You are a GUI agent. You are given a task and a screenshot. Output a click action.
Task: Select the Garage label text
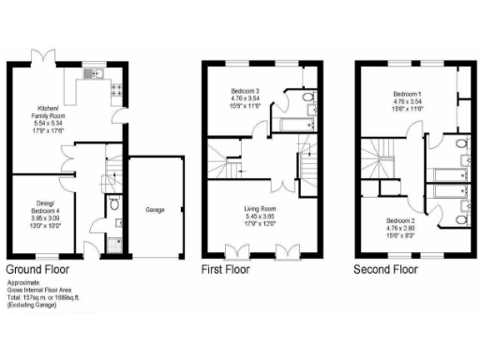[x=155, y=210]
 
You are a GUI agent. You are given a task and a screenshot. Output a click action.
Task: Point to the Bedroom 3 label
[x=246, y=91]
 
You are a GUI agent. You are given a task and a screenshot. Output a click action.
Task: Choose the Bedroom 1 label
[x=406, y=95]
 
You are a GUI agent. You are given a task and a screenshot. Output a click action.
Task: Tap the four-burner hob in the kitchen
[x=119, y=90]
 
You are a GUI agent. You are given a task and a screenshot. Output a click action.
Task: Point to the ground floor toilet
[x=112, y=203]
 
